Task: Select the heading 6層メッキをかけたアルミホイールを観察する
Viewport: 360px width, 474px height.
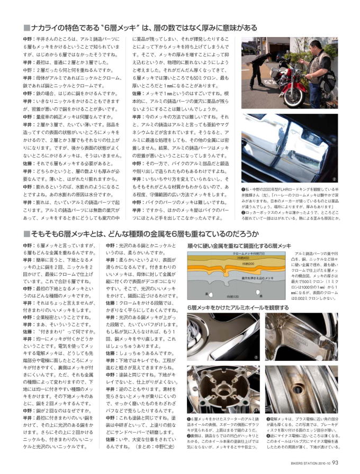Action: pos(230,307)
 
